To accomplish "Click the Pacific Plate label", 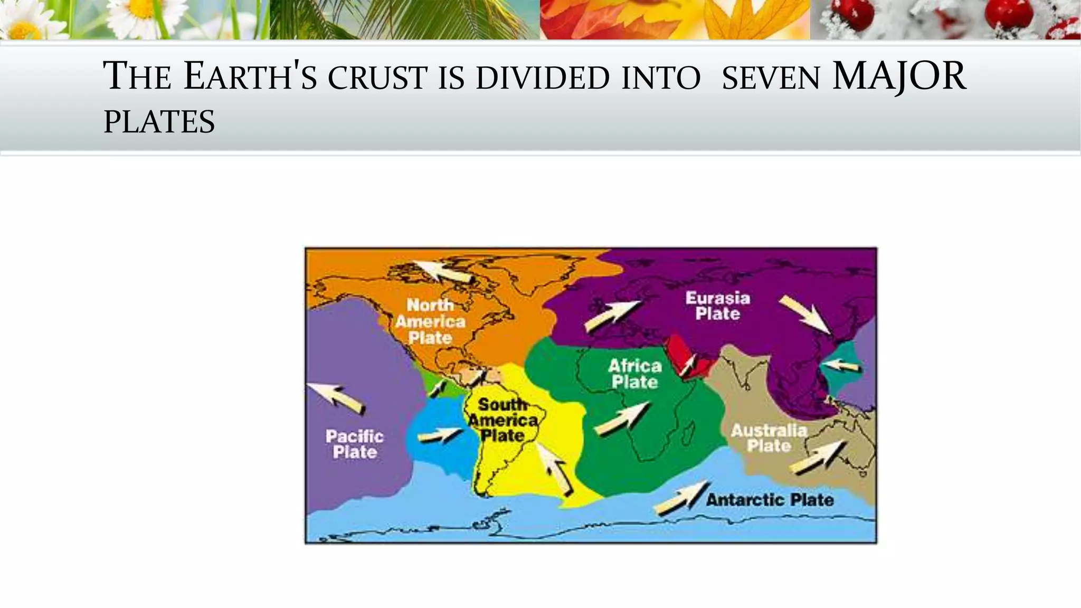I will point(354,444).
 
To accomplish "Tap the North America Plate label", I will point(430,321).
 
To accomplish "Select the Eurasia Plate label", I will point(717,306).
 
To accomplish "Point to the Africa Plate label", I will point(634,374).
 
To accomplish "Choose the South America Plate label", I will point(502,420).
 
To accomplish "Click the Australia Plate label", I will point(769,438).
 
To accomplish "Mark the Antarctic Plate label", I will point(770,499).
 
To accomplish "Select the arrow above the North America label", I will point(442,270).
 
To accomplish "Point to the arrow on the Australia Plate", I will point(819,457).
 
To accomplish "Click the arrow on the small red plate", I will point(687,365).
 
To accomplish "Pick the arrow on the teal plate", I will point(842,365).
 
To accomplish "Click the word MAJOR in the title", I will point(899,77).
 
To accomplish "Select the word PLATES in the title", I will point(159,122).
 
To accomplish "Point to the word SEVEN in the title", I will point(771,78).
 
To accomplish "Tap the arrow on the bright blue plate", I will point(439,435).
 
